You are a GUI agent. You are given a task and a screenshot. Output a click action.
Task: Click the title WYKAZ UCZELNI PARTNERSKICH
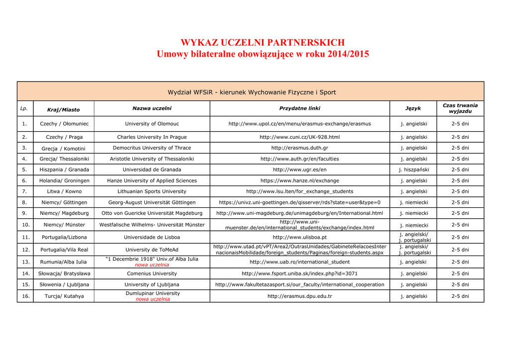pyautogui.click(x=262, y=43)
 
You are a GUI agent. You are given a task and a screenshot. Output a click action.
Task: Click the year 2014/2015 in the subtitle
pyautogui.click(x=348, y=54)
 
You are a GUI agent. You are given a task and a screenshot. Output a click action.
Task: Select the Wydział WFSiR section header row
pyautogui.click(x=252, y=92)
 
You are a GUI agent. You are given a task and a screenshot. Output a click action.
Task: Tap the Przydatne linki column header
pyautogui.click(x=300, y=108)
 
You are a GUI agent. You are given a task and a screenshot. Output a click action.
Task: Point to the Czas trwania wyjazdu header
pyautogui.click(x=460, y=108)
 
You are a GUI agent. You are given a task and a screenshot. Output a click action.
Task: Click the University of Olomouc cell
pyautogui.click(x=152, y=124)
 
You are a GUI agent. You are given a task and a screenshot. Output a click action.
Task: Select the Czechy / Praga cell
pyautogui.click(x=64, y=137)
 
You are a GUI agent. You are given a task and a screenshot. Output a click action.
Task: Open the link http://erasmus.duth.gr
pyautogui.click(x=300, y=148)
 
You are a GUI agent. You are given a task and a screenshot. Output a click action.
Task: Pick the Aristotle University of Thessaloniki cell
pyautogui.click(x=152, y=159)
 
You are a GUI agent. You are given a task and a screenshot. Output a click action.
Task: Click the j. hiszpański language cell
pyautogui.click(x=414, y=170)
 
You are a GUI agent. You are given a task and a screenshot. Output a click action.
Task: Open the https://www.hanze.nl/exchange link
pyautogui.click(x=300, y=181)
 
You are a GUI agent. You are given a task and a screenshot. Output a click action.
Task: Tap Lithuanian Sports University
pyautogui.click(x=152, y=191)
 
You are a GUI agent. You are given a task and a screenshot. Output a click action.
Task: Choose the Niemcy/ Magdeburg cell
pyautogui.click(x=64, y=213)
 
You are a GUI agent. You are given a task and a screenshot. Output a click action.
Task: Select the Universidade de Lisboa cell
pyautogui.click(x=152, y=238)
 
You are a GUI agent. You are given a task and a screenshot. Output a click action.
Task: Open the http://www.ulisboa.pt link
pyautogui.click(x=300, y=238)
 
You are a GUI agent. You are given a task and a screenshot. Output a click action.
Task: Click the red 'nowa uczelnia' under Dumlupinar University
pyautogui.click(x=153, y=299)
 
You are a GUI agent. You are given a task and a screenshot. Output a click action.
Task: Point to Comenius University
pyautogui.click(x=152, y=273)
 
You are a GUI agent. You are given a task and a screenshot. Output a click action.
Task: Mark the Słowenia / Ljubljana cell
pyautogui.click(x=64, y=285)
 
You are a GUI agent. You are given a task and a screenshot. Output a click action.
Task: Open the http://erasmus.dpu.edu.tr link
pyautogui.click(x=300, y=296)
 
